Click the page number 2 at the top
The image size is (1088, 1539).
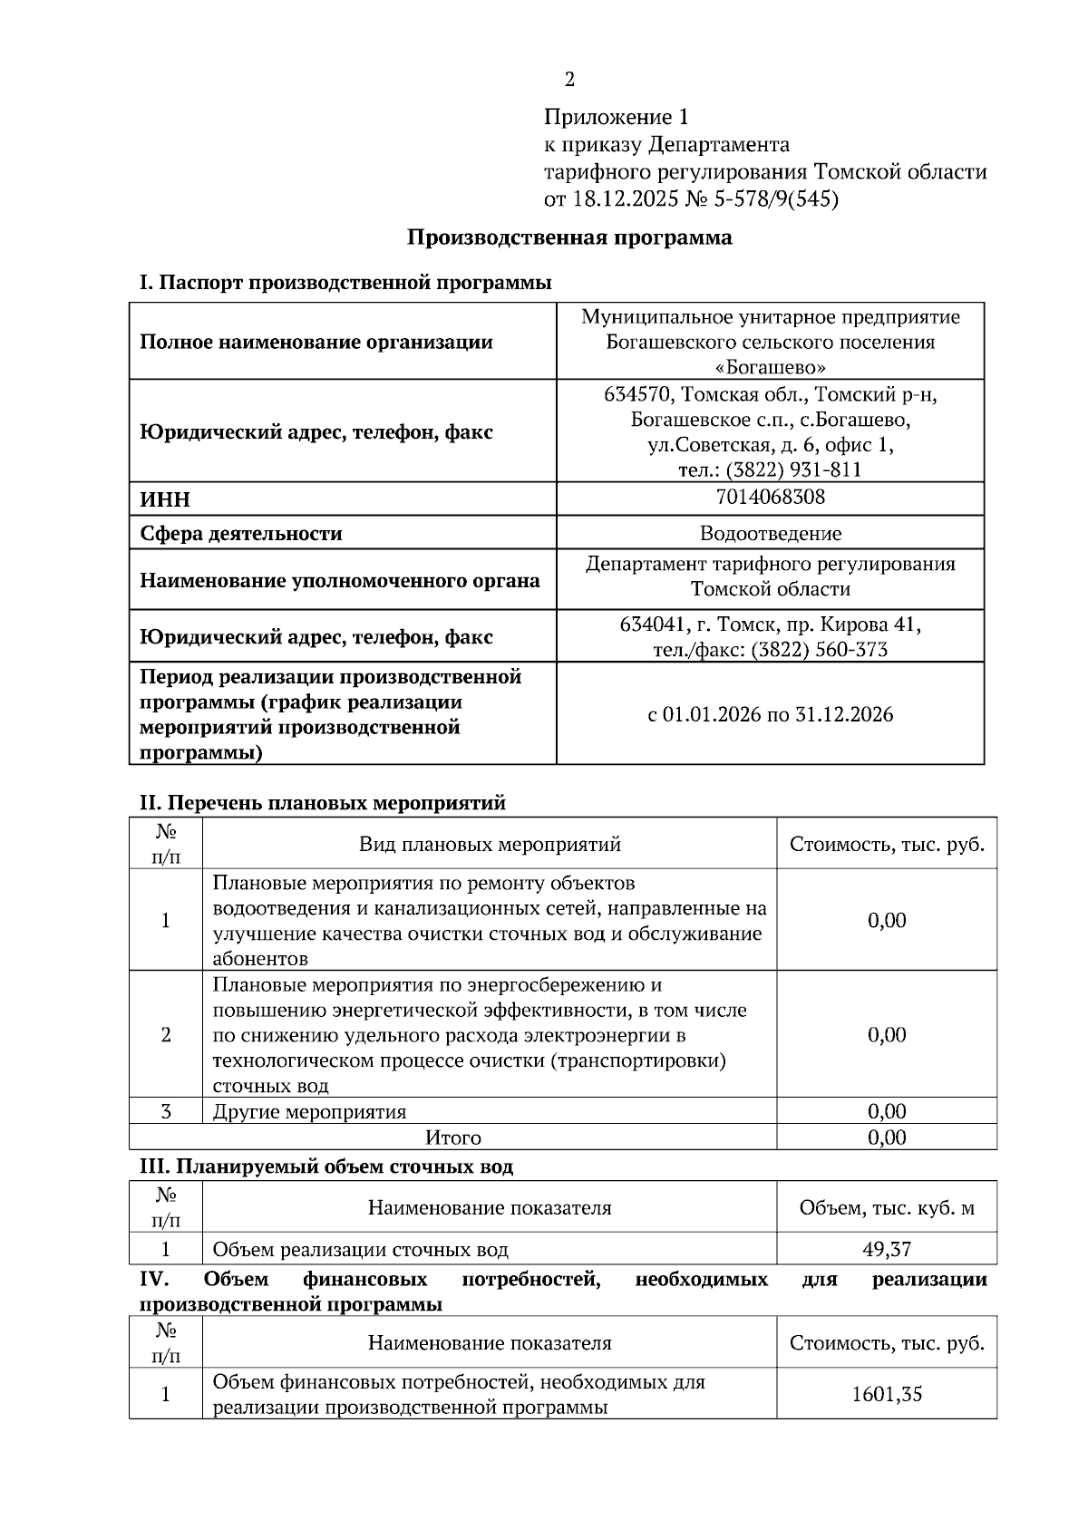(x=569, y=80)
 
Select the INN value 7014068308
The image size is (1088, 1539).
(x=770, y=497)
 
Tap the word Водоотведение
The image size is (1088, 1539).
(x=770, y=534)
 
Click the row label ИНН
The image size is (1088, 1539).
(x=165, y=500)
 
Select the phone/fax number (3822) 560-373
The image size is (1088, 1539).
(x=819, y=650)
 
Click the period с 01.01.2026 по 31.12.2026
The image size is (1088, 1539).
(x=770, y=714)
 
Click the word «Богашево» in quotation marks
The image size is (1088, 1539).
(x=770, y=367)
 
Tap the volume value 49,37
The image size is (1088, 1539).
(x=886, y=1249)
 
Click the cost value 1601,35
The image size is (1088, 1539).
(x=886, y=1394)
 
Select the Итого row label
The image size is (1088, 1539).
(x=453, y=1137)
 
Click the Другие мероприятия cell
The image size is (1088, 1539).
(x=309, y=1111)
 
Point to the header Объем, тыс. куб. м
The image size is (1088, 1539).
(x=886, y=1207)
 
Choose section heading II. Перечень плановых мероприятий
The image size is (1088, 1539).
(x=322, y=802)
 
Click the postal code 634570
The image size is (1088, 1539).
(x=637, y=394)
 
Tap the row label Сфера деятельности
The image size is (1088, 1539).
(x=240, y=534)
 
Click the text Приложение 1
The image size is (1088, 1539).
(x=617, y=117)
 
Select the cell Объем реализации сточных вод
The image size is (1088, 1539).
(x=360, y=1249)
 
